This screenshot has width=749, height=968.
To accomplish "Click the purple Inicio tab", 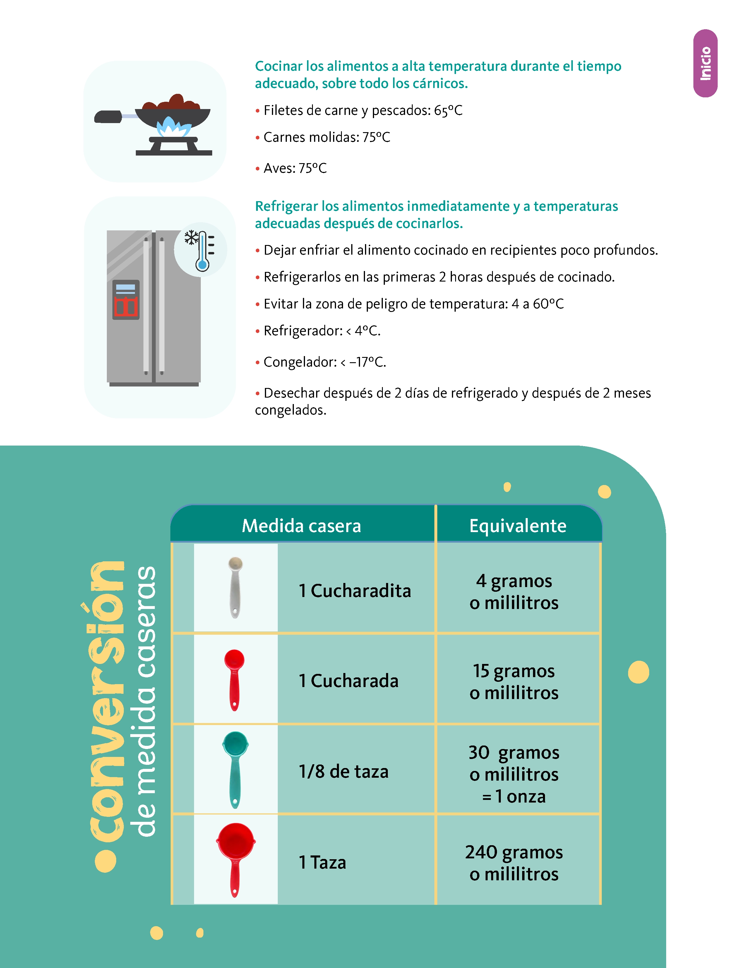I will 705,63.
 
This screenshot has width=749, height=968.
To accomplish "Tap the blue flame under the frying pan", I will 173,127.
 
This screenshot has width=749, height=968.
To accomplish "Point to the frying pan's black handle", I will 108,117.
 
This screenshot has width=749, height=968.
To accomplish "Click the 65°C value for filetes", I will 448,110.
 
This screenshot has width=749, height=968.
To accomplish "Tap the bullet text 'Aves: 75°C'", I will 295,168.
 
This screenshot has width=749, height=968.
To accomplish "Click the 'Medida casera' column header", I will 301,526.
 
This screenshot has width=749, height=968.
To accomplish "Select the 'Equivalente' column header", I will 517,526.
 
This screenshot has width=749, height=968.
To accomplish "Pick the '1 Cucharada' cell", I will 348,681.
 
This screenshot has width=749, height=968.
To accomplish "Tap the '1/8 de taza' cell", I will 343,772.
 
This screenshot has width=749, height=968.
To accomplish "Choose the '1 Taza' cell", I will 322,862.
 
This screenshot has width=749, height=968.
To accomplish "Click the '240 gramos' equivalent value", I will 514,852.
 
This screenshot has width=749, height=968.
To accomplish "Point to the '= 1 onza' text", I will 514,796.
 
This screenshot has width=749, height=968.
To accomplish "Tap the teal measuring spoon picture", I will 235,769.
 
